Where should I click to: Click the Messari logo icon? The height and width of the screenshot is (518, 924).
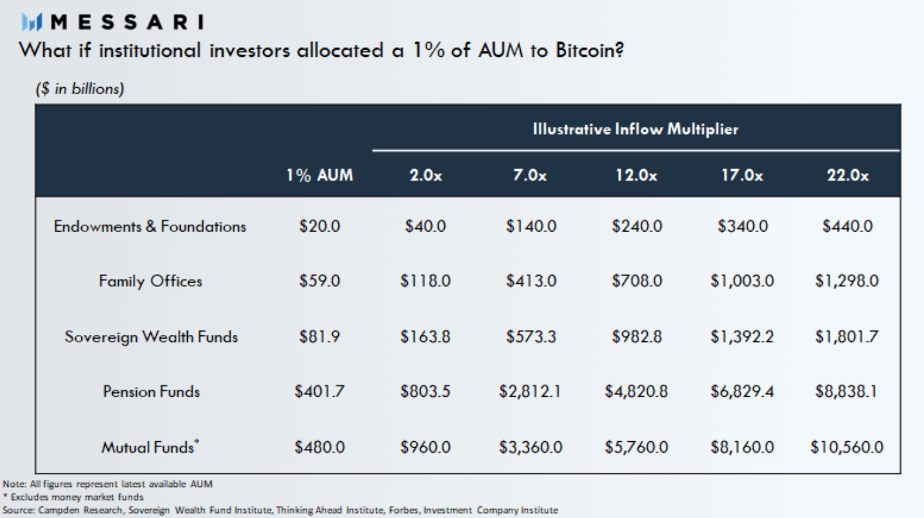(x=32, y=23)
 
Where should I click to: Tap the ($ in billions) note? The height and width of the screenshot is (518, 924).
(x=79, y=89)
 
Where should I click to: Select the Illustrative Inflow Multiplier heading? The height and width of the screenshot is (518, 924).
(x=635, y=129)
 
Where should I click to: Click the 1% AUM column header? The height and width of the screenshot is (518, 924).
(x=320, y=175)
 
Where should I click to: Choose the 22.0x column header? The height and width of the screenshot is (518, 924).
(x=847, y=175)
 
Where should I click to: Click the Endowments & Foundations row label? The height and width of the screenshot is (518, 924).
(x=150, y=226)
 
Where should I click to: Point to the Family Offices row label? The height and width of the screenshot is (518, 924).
(x=150, y=281)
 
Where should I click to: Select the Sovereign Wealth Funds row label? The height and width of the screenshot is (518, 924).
(x=151, y=337)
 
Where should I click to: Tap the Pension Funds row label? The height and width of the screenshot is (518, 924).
(x=151, y=392)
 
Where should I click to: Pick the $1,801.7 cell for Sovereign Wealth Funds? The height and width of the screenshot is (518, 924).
(x=847, y=337)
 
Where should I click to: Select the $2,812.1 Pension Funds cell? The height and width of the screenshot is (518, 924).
(x=530, y=392)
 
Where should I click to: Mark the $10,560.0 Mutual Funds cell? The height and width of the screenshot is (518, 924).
(x=847, y=446)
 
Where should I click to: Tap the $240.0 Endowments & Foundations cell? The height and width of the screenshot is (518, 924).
(x=636, y=226)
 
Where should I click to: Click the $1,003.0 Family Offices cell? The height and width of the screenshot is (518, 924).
(x=742, y=281)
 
